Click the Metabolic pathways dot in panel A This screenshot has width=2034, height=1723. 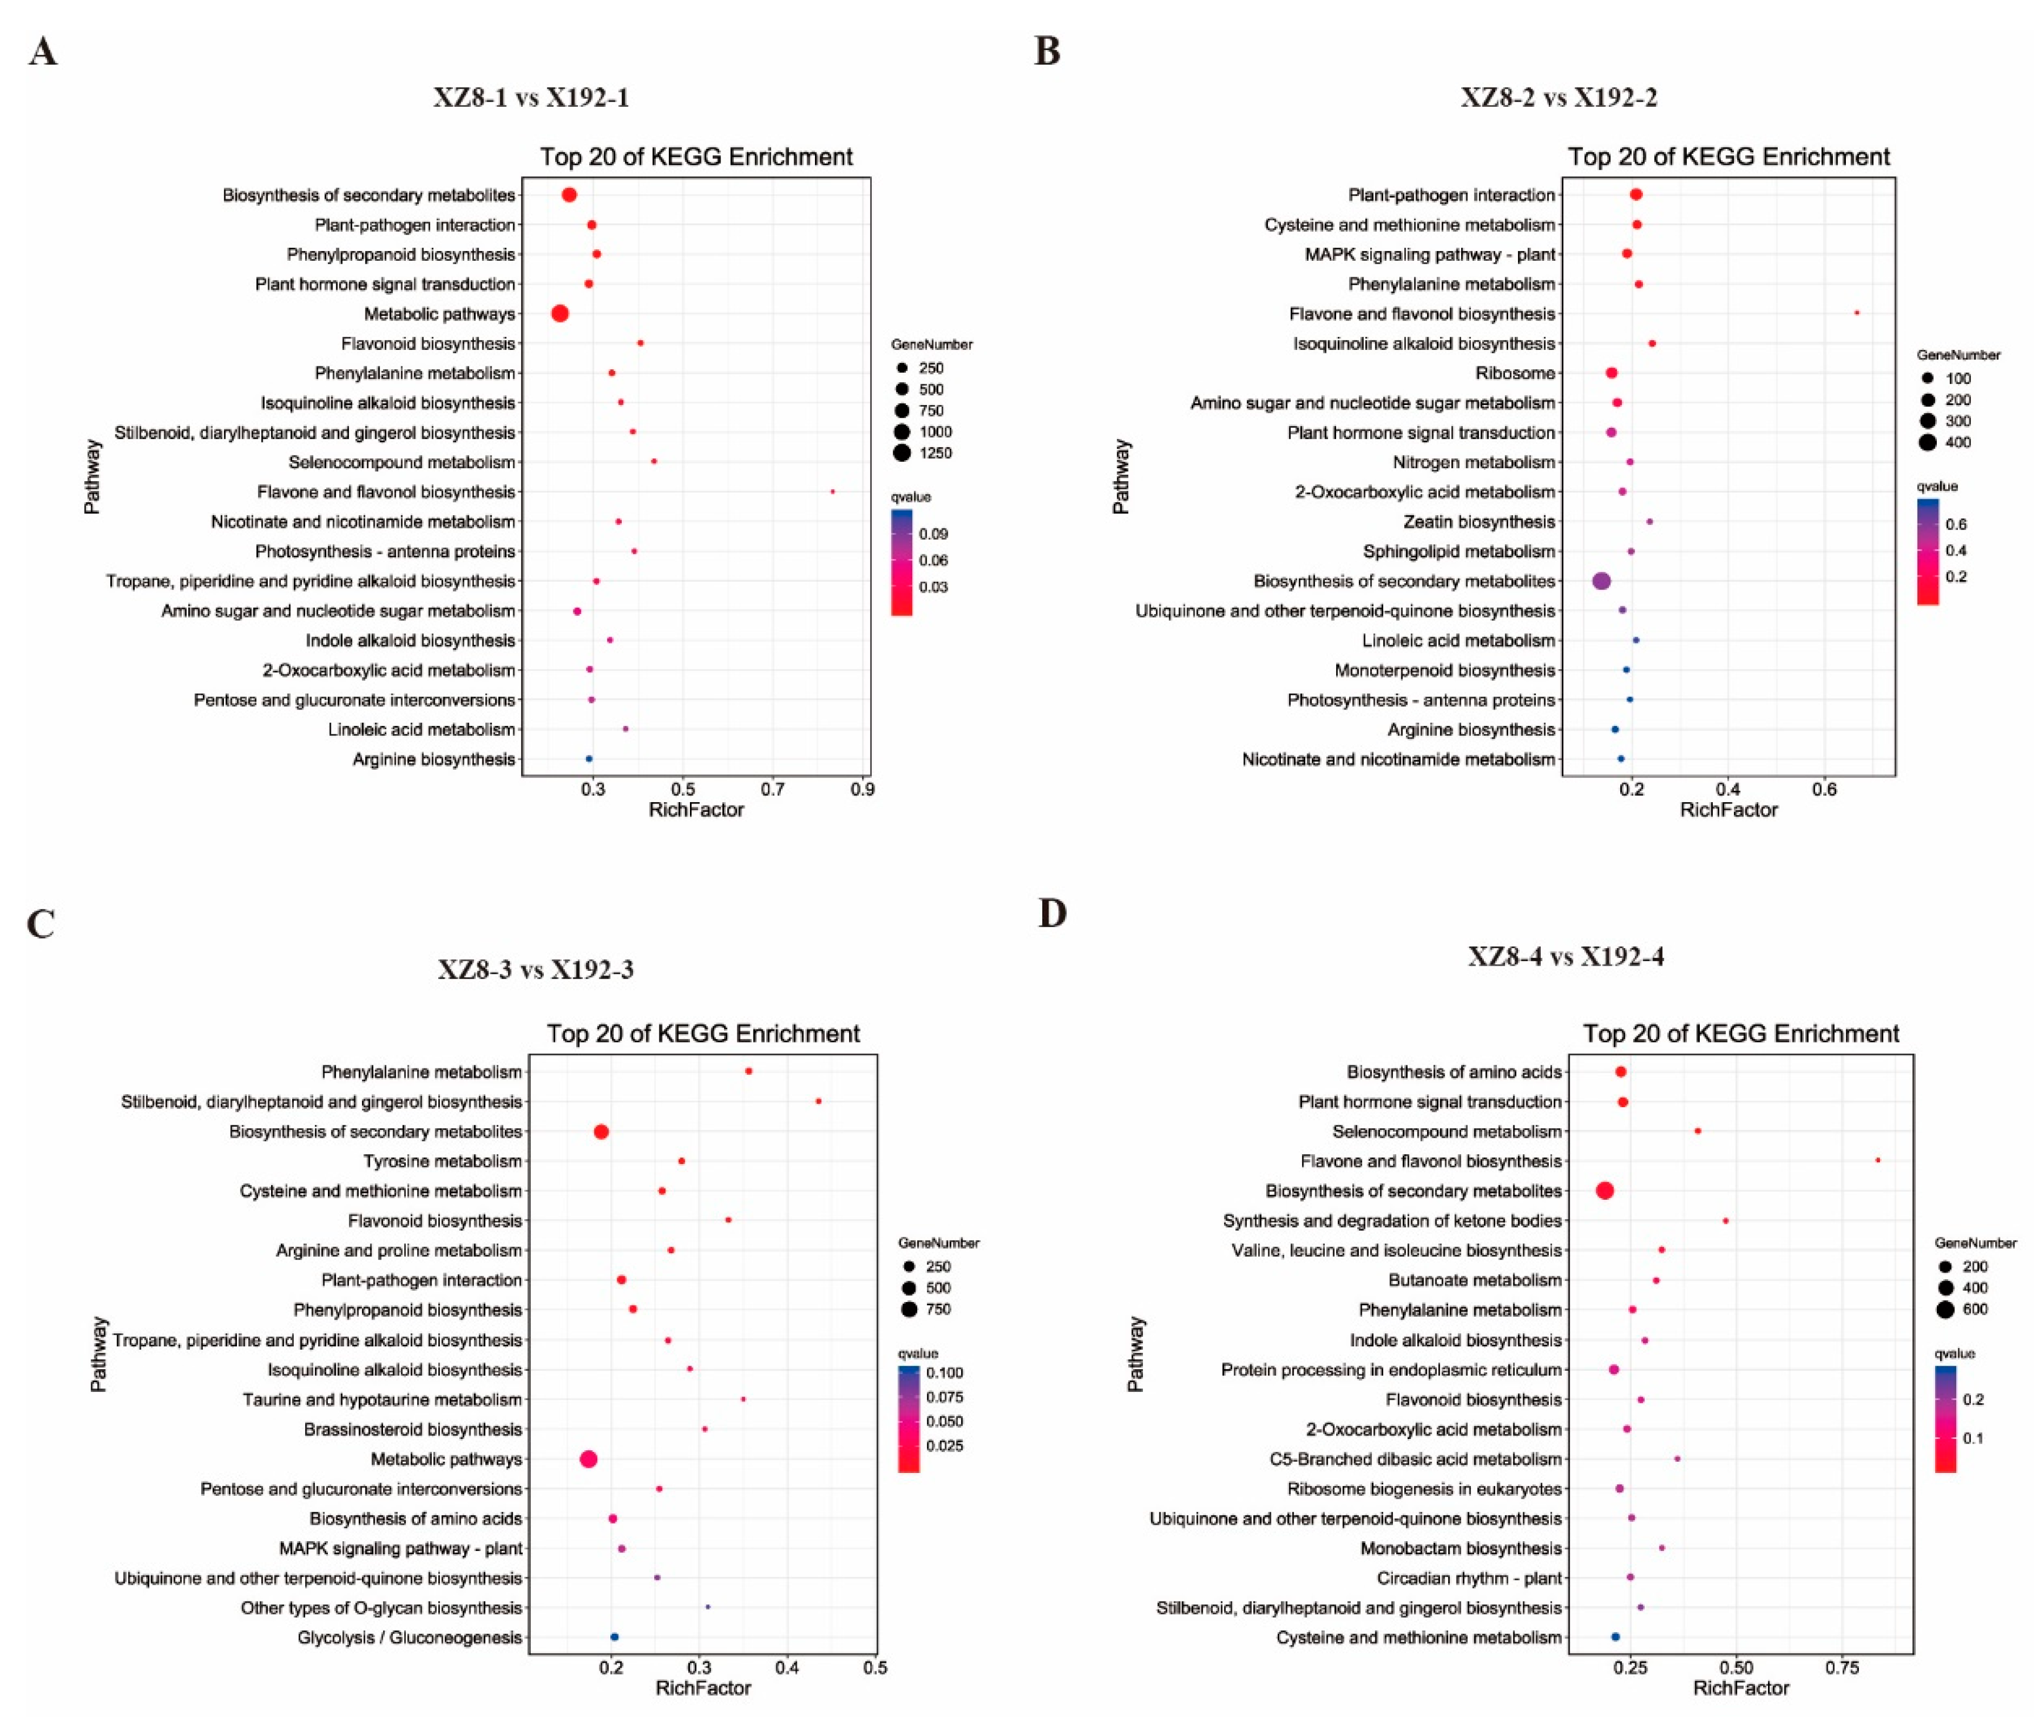[x=560, y=314]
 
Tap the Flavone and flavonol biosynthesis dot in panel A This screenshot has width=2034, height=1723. [x=833, y=491]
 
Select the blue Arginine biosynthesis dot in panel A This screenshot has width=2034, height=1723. [x=588, y=759]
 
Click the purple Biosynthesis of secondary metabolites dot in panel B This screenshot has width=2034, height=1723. [x=1601, y=581]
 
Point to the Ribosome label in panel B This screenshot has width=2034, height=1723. [x=1514, y=373]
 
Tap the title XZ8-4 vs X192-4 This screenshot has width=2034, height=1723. [x=1565, y=956]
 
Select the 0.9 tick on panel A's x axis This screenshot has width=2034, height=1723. [x=862, y=789]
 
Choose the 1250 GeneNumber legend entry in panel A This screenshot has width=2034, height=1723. [x=935, y=453]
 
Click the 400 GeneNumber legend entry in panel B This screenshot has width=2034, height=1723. [x=1958, y=443]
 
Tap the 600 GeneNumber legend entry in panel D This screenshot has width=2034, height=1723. [x=1974, y=1309]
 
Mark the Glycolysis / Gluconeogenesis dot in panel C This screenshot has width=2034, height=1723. [x=614, y=1637]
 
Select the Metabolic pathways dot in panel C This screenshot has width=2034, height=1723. [x=588, y=1459]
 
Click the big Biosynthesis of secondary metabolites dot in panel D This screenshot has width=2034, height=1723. [x=1604, y=1191]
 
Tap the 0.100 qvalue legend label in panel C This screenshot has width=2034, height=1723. [x=944, y=1372]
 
